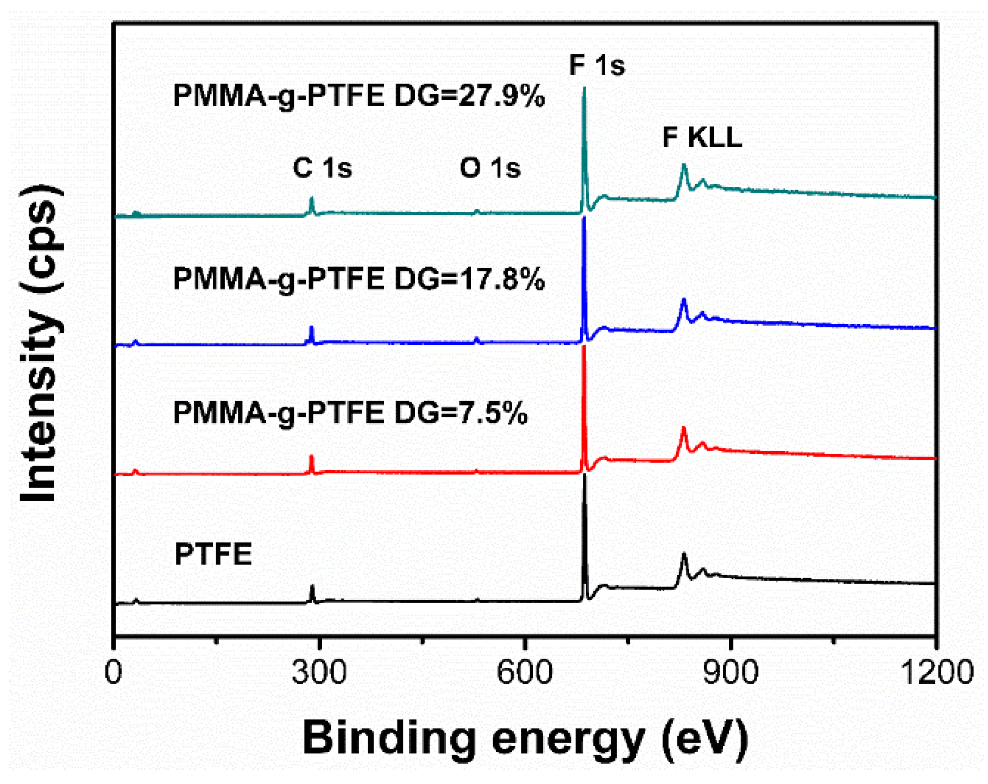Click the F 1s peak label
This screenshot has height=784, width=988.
[596, 65]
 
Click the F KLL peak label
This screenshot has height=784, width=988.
[701, 137]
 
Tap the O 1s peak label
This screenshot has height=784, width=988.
[490, 168]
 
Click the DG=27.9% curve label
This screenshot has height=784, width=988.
[358, 96]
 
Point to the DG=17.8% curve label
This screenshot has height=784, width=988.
[358, 279]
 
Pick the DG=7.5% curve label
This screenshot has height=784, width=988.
[350, 413]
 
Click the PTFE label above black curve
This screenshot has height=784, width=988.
[213, 554]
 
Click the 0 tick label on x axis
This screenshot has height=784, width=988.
[113, 672]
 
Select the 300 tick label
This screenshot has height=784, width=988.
[319, 672]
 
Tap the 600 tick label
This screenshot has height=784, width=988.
[525, 672]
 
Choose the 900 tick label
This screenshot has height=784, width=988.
[731, 672]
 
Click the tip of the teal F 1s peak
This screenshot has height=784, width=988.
[584, 88]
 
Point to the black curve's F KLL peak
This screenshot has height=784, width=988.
[684, 554]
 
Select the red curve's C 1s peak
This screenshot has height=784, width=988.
[312, 457]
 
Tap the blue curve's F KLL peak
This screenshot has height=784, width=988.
[684, 300]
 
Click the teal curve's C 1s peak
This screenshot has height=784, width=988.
[312, 199]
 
